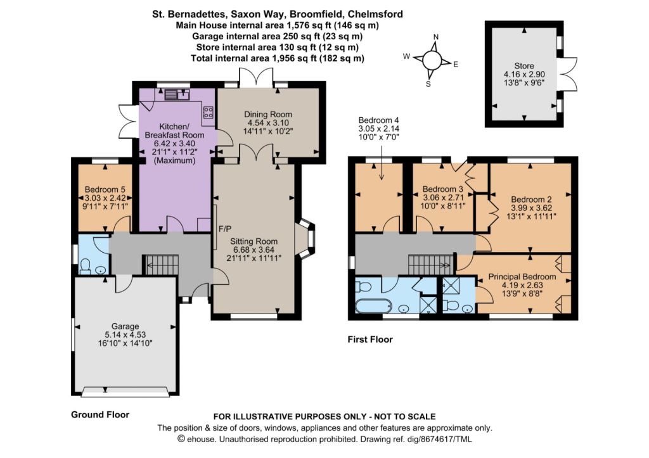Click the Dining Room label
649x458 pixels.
tap(268, 114)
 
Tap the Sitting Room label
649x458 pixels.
tap(254, 241)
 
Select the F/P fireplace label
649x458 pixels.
tap(225, 229)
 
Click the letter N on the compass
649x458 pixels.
tap(435, 37)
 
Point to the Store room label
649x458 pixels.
tap(524, 66)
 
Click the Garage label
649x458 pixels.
tap(125, 326)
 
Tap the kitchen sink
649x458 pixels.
tap(177, 95)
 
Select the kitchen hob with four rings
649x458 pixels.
tap(208, 113)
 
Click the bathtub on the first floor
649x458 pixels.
tap(373, 305)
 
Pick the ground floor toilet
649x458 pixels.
tap(86, 266)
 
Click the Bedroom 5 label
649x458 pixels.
tap(105, 189)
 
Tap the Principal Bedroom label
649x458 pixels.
tap(522, 276)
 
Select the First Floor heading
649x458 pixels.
tap(370, 340)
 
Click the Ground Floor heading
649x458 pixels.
tap(100, 414)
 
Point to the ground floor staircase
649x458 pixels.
tap(162, 264)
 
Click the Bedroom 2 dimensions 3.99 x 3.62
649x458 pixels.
tap(531, 208)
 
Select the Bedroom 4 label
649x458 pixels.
tap(379, 120)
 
